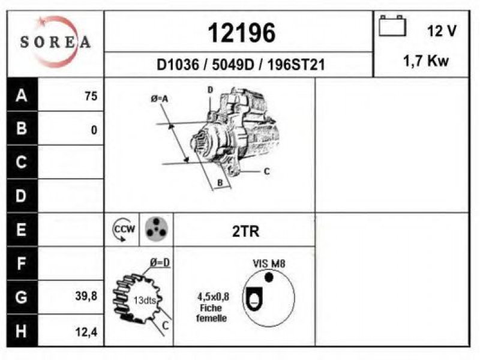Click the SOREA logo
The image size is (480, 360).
pos(55,41)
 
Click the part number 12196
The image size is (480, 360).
pos(242,33)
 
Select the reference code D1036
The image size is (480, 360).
pos(178,65)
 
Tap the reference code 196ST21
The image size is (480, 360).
pos(296,65)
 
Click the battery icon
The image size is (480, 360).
pos(392,26)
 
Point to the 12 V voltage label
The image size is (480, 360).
pos(442,31)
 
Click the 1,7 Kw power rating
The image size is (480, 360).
pos(426,61)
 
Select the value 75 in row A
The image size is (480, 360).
pos(91,96)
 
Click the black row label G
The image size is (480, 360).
pos(22,297)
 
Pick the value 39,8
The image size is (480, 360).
pos(86,296)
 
